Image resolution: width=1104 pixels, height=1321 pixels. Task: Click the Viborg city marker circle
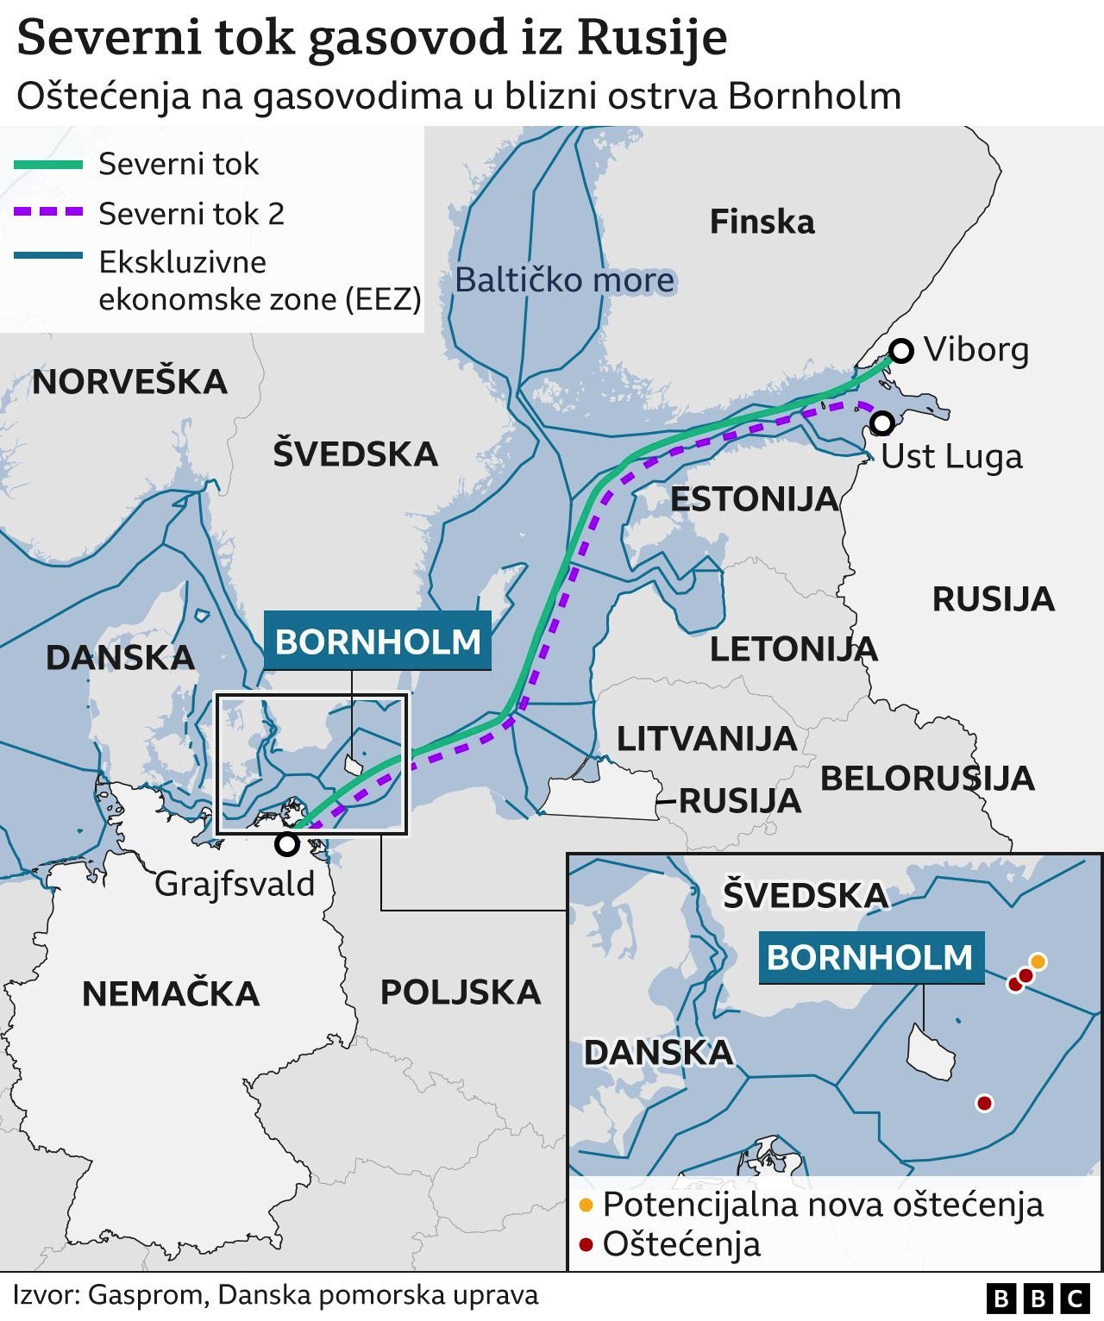(x=901, y=351)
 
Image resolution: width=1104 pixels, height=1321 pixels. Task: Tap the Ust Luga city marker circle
(x=881, y=423)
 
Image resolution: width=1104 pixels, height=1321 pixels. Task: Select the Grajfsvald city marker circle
(x=287, y=844)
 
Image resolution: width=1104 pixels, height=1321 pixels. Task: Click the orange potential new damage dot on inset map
(x=1038, y=961)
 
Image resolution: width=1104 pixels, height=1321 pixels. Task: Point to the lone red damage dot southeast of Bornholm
(x=983, y=1102)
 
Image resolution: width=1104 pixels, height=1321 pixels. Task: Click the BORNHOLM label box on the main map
(x=377, y=642)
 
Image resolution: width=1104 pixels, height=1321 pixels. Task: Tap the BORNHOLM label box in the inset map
(x=870, y=957)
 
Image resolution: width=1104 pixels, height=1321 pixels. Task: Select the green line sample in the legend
(x=48, y=164)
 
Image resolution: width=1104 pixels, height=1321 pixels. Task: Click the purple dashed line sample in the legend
(x=48, y=212)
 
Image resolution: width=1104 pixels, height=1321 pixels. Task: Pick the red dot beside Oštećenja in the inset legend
(x=586, y=1244)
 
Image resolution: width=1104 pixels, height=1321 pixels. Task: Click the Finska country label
(x=762, y=222)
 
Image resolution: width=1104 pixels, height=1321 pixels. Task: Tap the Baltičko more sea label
(x=564, y=280)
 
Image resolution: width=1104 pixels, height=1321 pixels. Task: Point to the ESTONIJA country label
(x=754, y=499)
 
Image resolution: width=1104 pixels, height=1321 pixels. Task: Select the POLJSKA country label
(x=461, y=992)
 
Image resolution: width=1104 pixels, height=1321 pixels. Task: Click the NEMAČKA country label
(x=171, y=994)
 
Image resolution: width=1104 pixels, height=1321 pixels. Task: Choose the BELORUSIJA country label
(x=926, y=779)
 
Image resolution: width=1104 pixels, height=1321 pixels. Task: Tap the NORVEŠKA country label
(x=130, y=382)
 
